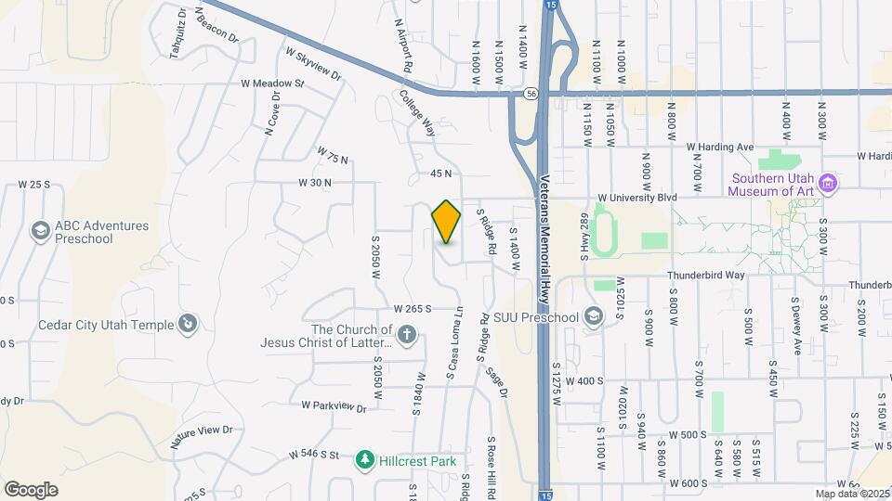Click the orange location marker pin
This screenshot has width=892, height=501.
[446, 222]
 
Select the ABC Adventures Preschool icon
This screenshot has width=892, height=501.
[39, 230]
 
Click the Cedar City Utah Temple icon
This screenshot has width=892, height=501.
[188, 324]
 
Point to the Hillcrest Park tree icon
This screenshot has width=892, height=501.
[366, 459]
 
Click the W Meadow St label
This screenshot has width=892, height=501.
[272, 83]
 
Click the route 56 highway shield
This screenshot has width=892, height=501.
[529, 93]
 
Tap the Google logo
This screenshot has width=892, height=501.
[31, 489]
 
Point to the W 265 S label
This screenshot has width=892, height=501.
[413, 308]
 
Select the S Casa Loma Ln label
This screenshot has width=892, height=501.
[453, 343]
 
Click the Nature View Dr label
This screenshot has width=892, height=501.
[201, 431]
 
